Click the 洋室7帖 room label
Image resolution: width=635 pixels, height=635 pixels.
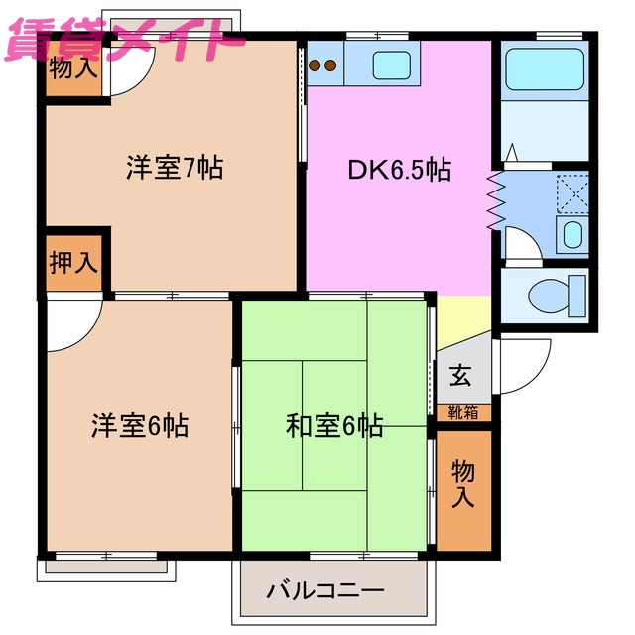[174, 168]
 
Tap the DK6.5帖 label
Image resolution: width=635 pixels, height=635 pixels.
[399, 170]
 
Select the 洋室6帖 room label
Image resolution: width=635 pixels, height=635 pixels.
[140, 426]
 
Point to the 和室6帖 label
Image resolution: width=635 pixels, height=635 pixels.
[334, 426]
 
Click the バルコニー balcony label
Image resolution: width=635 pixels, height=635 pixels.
[324, 592]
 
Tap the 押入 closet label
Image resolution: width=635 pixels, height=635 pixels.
[74, 262]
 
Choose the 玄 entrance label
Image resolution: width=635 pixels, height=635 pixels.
[460, 376]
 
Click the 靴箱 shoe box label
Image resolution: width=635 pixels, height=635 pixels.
[460, 410]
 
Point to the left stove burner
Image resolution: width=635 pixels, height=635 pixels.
[316, 66]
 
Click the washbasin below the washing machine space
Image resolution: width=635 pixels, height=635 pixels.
[571, 234]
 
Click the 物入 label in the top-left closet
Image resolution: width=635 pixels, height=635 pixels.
[74, 68]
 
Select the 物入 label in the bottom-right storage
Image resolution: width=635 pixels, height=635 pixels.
[463, 483]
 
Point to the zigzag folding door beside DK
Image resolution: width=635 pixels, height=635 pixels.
[495, 201]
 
